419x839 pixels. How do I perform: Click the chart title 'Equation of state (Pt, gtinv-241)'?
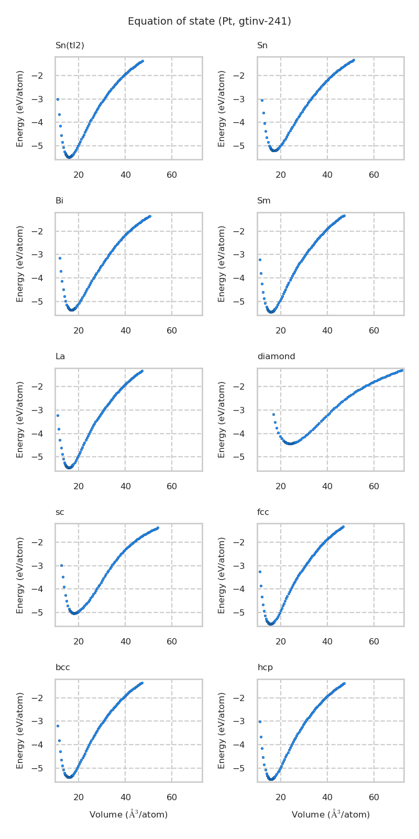[x=210, y=21]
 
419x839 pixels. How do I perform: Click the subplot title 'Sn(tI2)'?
[x=70, y=46]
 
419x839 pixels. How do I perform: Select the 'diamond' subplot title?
[x=276, y=357]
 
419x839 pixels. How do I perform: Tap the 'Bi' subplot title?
[x=59, y=201]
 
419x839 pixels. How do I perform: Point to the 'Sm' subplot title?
[x=264, y=201]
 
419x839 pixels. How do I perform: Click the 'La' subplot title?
[x=60, y=357]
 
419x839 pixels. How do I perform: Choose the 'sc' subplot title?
[x=60, y=512]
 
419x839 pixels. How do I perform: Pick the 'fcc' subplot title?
[x=263, y=512]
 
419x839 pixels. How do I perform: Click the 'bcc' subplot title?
[x=63, y=668]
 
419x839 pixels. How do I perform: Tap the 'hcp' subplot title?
[x=265, y=668]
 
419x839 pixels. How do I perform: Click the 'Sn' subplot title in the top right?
[x=262, y=46]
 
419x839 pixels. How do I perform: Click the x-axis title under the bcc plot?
[x=128, y=814]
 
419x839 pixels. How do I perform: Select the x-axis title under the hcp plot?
[x=330, y=814]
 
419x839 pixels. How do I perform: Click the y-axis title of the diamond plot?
[x=222, y=419]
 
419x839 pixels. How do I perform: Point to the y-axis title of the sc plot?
[x=20, y=575]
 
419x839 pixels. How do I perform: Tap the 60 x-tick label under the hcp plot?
[x=374, y=798]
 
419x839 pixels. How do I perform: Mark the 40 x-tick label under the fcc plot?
[x=327, y=642]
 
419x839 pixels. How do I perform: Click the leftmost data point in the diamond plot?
[x=273, y=414]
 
